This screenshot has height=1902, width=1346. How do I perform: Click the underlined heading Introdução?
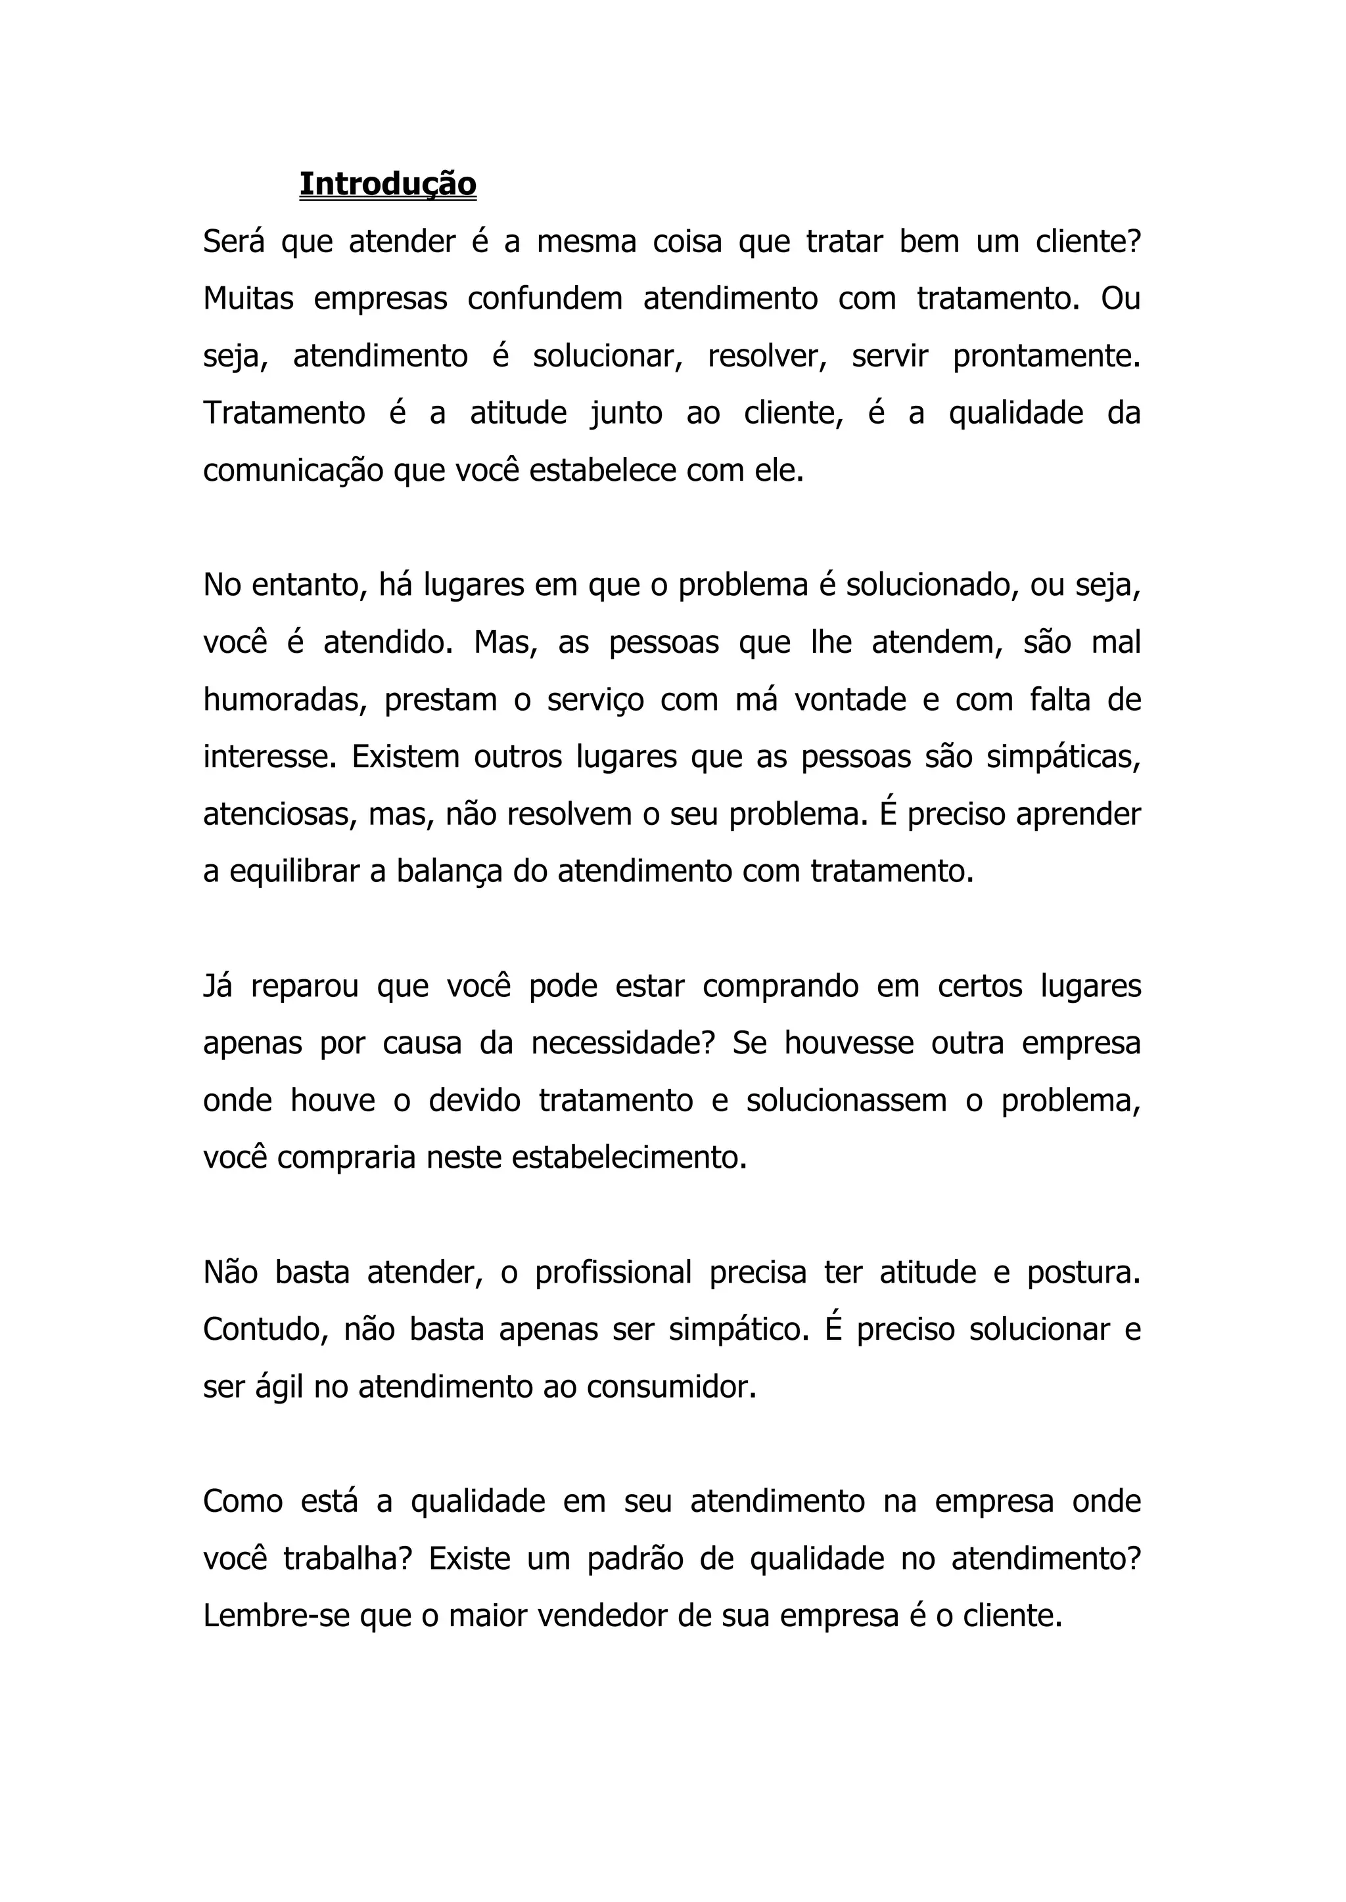(388, 184)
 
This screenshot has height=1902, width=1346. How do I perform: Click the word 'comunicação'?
(292, 472)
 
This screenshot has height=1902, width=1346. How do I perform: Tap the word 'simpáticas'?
(1063, 758)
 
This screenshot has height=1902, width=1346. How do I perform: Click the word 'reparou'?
(304, 986)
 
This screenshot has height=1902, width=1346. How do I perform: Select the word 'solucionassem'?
(845, 1101)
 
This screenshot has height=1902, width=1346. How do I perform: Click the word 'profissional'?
(613, 1272)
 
